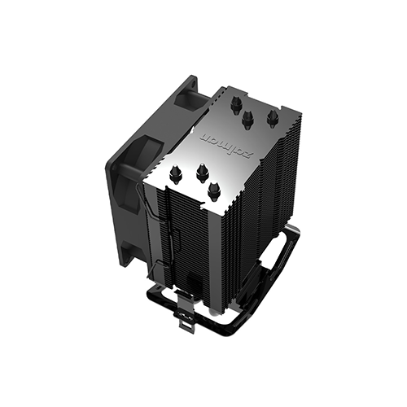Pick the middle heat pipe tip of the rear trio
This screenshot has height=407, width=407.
[x=247, y=119]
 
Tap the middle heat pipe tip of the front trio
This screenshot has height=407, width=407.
[x=199, y=173]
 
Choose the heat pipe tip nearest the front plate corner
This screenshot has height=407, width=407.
[x=214, y=190]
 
